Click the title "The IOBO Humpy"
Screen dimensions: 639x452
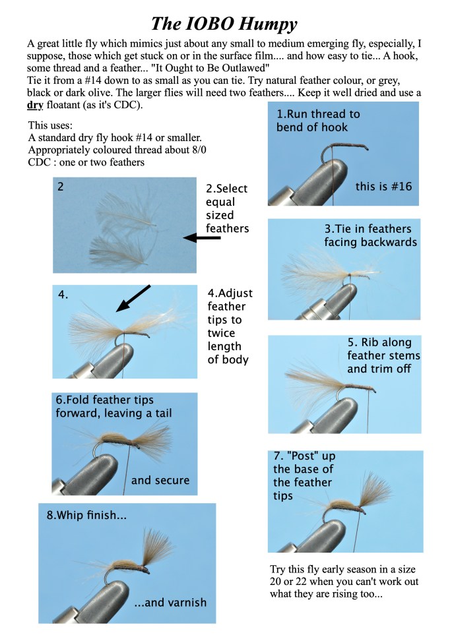click(224, 24)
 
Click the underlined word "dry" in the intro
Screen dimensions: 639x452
click(34, 106)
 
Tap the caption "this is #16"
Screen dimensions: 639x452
click(383, 187)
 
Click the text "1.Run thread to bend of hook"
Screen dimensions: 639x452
click(319, 120)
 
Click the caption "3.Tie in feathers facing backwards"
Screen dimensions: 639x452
click(370, 235)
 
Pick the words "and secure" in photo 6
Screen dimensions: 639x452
click(160, 480)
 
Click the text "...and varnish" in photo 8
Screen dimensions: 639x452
click(170, 602)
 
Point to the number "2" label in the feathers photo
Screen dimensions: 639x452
click(61, 187)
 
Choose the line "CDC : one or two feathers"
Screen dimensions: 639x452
click(86, 162)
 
